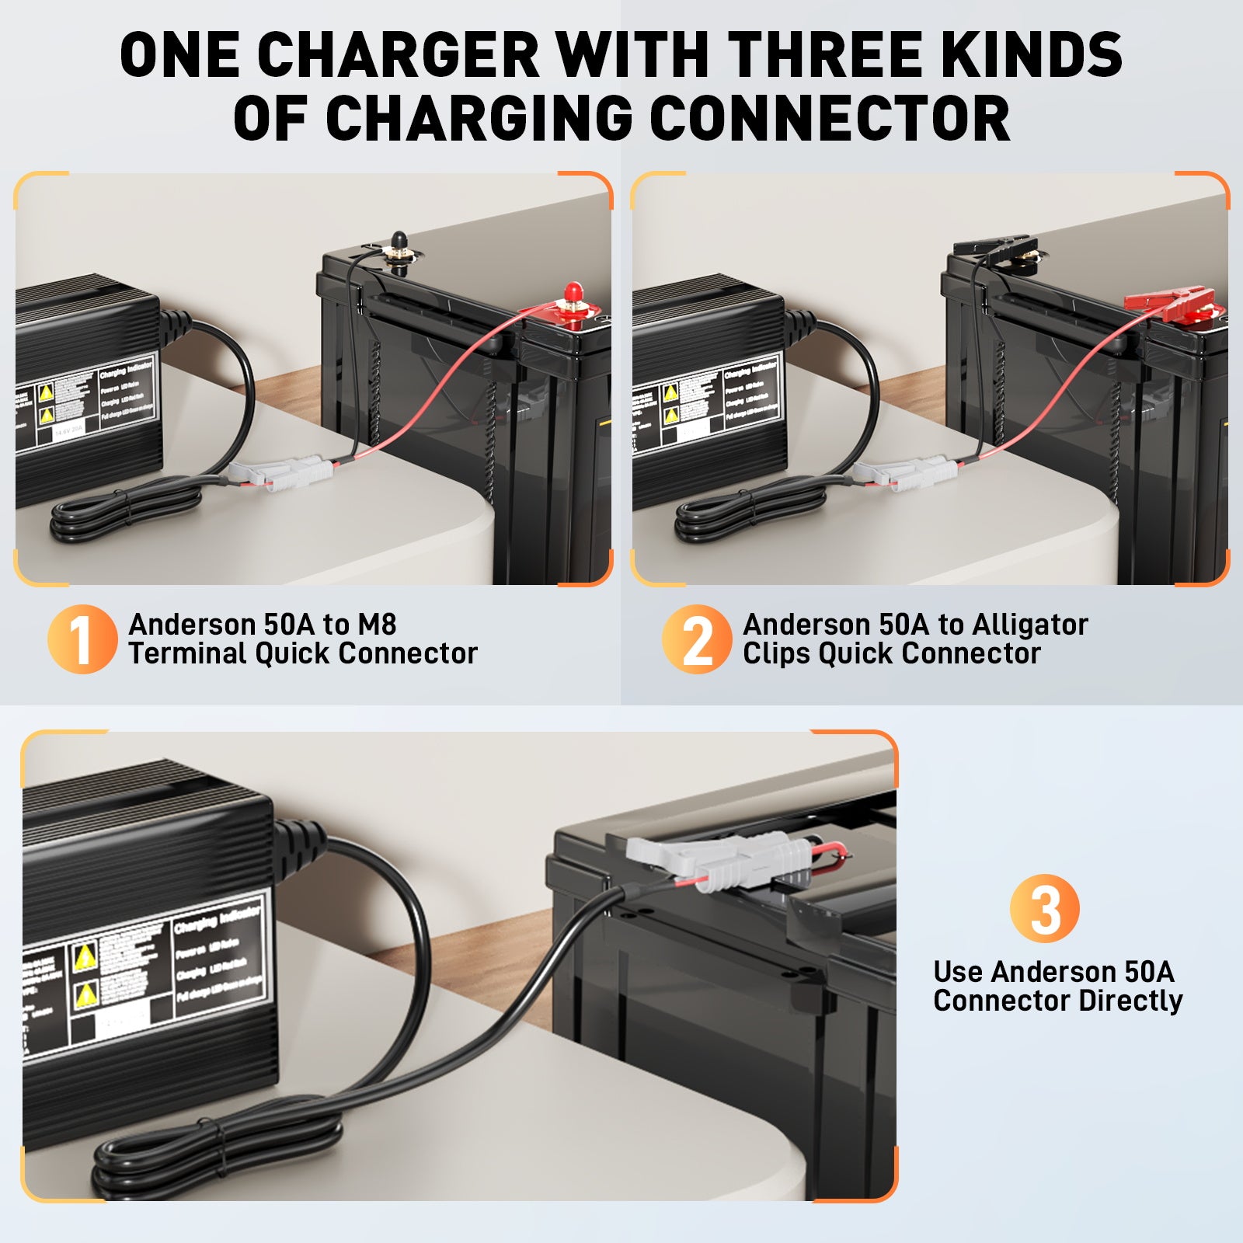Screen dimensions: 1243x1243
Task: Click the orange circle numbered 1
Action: pos(82,639)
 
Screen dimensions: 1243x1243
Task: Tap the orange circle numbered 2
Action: pos(696,639)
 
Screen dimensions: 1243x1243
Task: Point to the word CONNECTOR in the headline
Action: pos(829,119)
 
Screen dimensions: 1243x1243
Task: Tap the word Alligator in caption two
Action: pos(1029,625)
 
